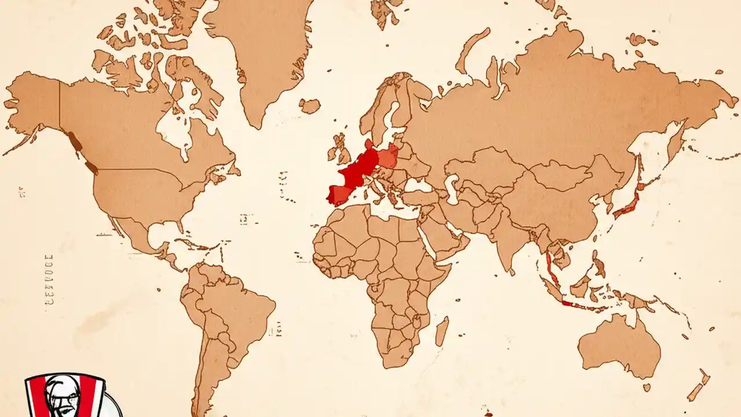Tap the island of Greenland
pyautogui.click(x=261, y=58)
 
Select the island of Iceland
pyautogui.click(x=310, y=106)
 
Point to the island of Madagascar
pyautogui.click(x=442, y=331)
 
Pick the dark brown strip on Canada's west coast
pyautogui.click(x=74, y=140)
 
